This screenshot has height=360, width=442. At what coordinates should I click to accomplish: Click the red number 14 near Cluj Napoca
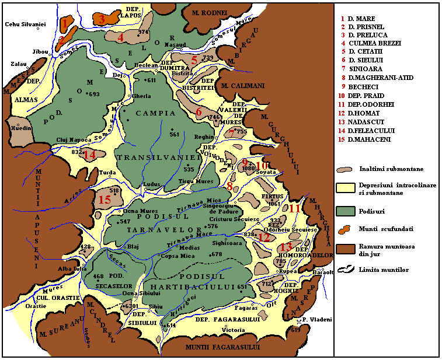click(89, 155)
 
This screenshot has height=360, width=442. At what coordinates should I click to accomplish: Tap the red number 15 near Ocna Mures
click(104, 200)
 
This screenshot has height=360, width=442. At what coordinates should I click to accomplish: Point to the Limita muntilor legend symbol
click(348, 269)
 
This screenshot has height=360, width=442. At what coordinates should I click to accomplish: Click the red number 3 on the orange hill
click(102, 19)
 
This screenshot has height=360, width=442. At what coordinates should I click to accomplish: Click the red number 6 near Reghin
click(199, 112)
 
